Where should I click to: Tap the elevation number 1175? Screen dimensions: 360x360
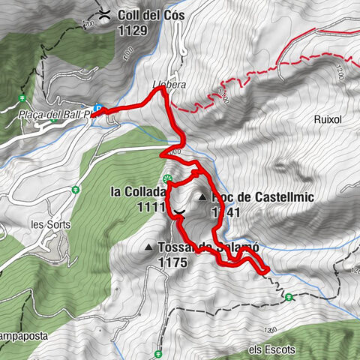tap(172, 262)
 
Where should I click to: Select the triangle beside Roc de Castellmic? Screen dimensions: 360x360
tap(202, 197)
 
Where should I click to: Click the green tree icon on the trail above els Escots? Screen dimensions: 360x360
tap(289, 297)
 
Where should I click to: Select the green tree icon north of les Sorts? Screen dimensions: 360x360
tap(76, 190)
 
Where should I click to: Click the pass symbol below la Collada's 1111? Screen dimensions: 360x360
tap(179, 214)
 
